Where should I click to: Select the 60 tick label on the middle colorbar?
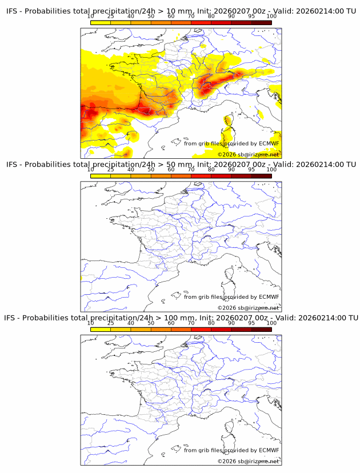(x=171, y=170)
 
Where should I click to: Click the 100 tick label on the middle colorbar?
(x=271, y=170)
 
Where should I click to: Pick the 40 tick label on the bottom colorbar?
(x=131, y=323)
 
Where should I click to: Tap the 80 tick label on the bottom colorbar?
(x=211, y=323)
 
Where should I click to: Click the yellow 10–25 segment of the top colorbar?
(x=100, y=22)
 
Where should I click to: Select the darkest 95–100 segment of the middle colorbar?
(x=261, y=176)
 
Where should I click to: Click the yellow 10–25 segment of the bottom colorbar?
(x=100, y=329)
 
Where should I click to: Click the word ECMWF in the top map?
(x=269, y=143)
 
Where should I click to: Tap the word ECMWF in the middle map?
(x=269, y=296)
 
